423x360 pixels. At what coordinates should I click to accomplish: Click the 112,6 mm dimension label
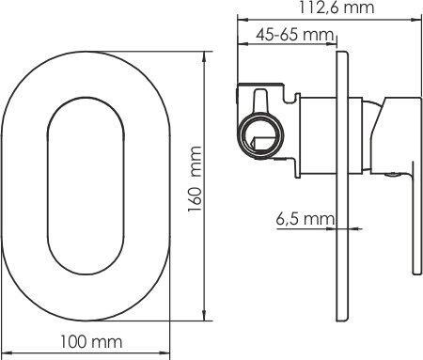[337, 8]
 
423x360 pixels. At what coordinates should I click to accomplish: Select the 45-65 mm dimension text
[294, 35]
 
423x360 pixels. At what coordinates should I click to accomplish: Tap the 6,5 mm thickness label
[305, 219]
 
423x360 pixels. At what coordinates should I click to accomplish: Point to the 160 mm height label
[195, 179]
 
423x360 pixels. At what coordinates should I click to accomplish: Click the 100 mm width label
[91, 342]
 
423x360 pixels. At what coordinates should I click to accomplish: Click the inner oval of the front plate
[48, 185]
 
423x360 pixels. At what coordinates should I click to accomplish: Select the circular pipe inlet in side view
[261, 135]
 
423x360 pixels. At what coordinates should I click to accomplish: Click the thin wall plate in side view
[342, 186]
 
